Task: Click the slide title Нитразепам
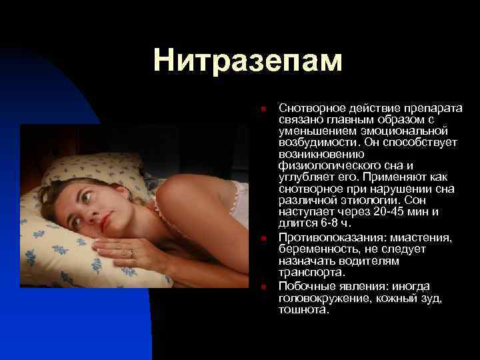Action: [x=247, y=61]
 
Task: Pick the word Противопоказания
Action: [x=329, y=238]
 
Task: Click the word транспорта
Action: [x=312, y=272]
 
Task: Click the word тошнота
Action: [x=303, y=309]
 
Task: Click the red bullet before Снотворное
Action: [x=264, y=109]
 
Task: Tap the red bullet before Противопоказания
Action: [x=264, y=238]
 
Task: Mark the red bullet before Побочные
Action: [x=264, y=287]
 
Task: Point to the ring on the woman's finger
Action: [x=131, y=253]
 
